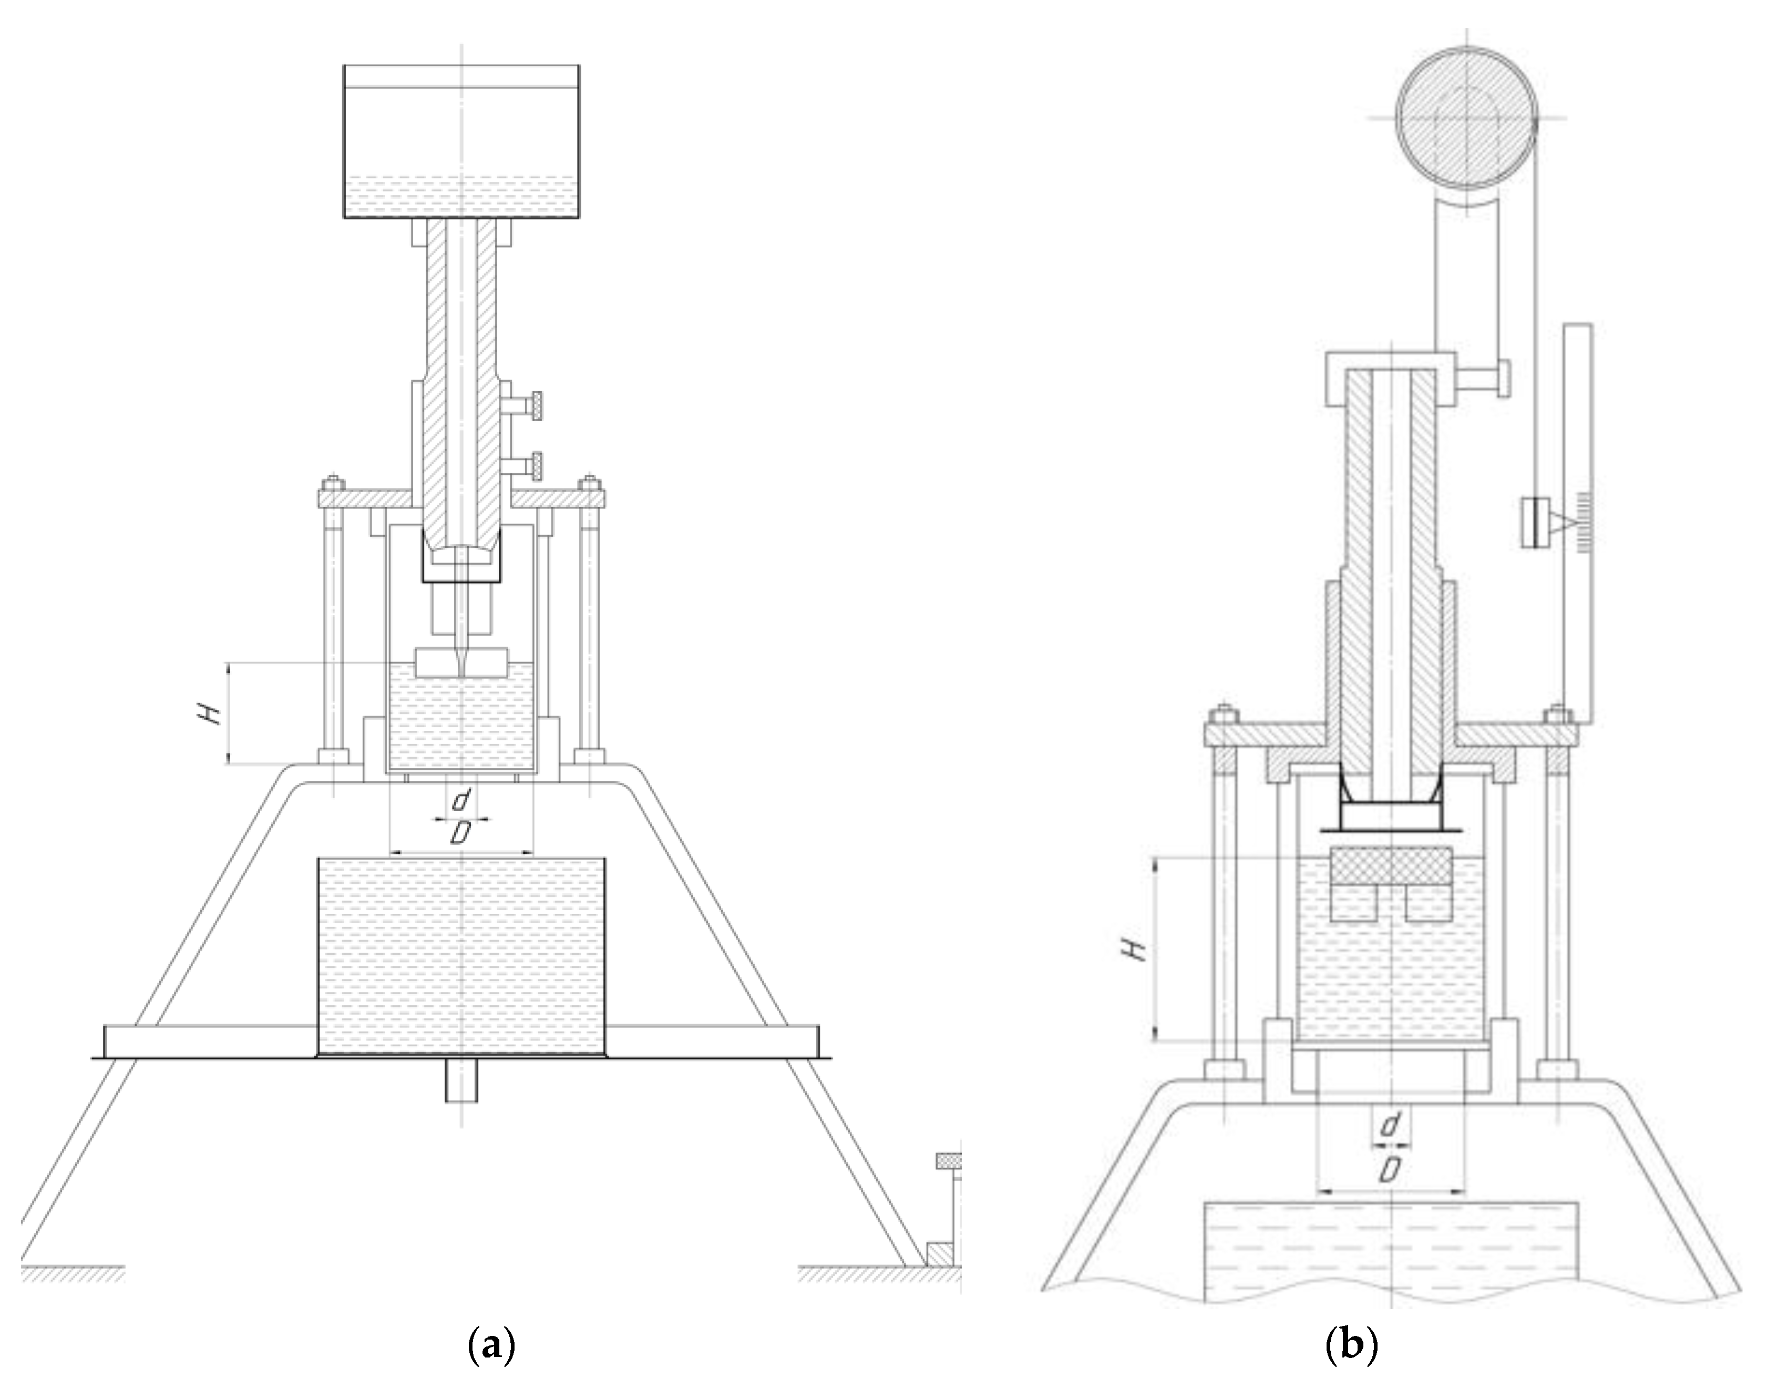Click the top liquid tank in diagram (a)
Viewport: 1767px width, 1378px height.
pyautogui.click(x=461, y=141)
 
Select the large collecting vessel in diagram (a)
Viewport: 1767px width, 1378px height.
pyautogui.click(x=461, y=959)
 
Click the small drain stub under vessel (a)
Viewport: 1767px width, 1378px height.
pyautogui.click(x=461, y=1082)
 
